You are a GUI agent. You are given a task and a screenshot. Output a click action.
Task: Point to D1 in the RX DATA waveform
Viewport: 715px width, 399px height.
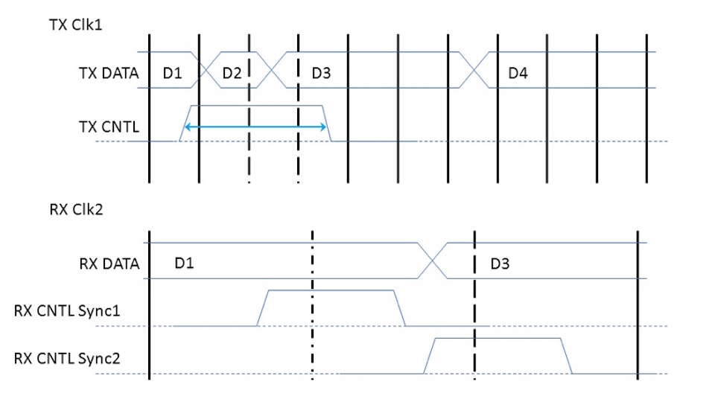tap(185, 263)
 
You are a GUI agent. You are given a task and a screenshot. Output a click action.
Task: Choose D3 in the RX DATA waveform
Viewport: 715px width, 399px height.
tap(500, 263)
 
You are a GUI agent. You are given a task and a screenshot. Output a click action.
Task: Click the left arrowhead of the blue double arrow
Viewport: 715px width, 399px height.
tap(187, 127)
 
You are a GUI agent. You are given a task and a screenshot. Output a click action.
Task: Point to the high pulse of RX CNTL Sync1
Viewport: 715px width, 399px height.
tap(331, 290)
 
